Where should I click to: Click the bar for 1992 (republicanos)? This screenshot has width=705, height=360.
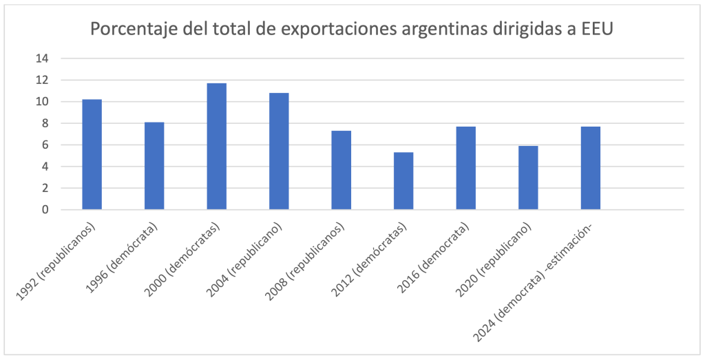[92, 155]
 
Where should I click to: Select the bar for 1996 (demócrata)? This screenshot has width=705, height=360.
[154, 166]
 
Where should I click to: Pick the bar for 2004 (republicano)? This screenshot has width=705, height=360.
[279, 151]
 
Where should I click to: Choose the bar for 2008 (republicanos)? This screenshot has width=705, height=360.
[341, 170]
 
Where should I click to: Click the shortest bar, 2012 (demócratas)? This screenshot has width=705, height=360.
[403, 181]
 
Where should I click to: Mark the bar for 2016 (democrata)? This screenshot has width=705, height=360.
[466, 168]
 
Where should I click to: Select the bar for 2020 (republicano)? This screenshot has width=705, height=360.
[528, 178]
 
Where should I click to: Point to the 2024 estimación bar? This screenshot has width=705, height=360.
[591, 168]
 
